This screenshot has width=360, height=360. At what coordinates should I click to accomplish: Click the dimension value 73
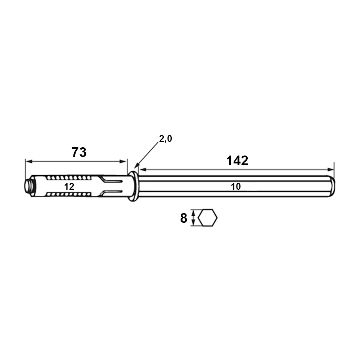[x=79, y=152]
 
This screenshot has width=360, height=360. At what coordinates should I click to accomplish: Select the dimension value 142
[x=237, y=161]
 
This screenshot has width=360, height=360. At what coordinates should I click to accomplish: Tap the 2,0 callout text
[x=166, y=139]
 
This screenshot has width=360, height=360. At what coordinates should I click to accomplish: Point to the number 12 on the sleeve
[x=69, y=186]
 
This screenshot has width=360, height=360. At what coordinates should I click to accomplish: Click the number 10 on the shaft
[x=235, y=186]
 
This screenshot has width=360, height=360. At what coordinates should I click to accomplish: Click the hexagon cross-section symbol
[x=208, y=218]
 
